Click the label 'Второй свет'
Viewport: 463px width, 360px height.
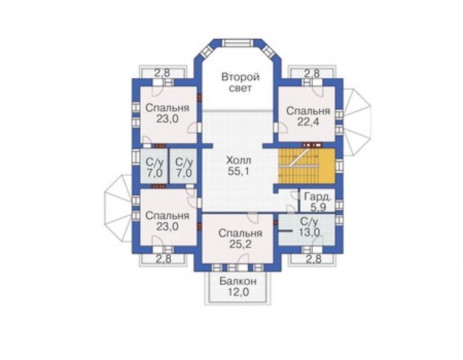click(240, 83)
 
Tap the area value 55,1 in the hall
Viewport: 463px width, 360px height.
click(238, 172)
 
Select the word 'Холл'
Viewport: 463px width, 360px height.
click(238, 160)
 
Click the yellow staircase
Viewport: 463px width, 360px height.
click(307, 166)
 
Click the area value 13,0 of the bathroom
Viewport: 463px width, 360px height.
click(309, 233)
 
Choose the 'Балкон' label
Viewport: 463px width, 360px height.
click(238, 281)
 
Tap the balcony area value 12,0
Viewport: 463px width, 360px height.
click(238, 292)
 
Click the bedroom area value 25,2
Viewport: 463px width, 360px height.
click(240, 244)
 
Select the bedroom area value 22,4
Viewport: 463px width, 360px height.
click(308, 121)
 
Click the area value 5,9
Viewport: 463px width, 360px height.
click(318, 207)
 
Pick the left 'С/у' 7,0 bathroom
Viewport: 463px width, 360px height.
click(154, 168)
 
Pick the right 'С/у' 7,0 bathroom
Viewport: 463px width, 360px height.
click(184, 168)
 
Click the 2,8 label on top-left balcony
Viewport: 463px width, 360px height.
click(163, 73)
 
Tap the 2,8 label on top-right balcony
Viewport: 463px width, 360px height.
click(312, 73)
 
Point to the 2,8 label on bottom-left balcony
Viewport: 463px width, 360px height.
click(163, 259)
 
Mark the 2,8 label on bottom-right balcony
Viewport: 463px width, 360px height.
click(313, 259)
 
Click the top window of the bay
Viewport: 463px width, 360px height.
click(238, 43)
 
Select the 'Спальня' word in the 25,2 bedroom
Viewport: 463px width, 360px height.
click(240, 233)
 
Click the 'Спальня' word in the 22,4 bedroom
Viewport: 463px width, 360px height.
click(308, 111)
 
